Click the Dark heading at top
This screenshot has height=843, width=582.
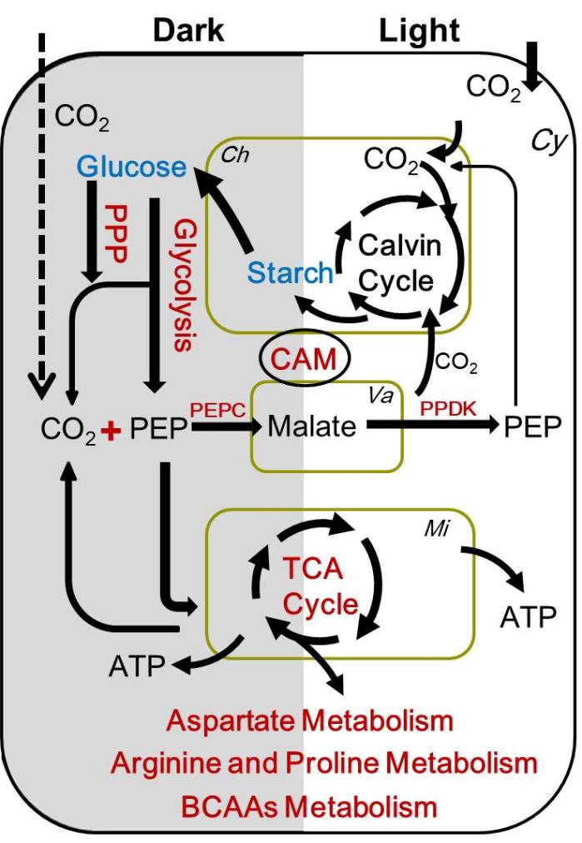pyautogui.click(x=187, y=31)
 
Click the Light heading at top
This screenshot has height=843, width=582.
pyautogui.click(x=419, y=31)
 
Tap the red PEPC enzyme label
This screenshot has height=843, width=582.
pyautogui.click(x=218, y=410)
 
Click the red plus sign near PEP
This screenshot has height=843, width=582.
pyautogui.click(x=109, y=431)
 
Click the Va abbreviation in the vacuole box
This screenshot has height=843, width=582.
pyautogui.click(x=386, y=394)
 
